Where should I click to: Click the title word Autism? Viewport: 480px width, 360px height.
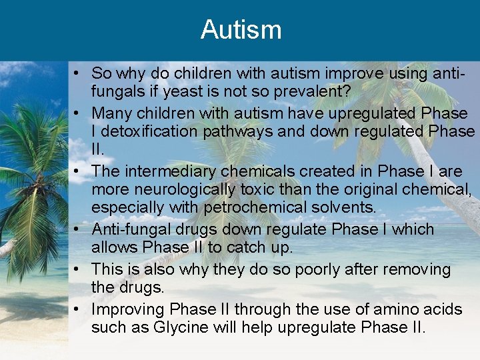tap(241, 30)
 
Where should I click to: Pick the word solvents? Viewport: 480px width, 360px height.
tap(343, 207)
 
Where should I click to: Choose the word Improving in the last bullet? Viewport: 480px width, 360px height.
tap(128, 309)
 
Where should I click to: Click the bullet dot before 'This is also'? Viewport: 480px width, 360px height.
tap(79, 269)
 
